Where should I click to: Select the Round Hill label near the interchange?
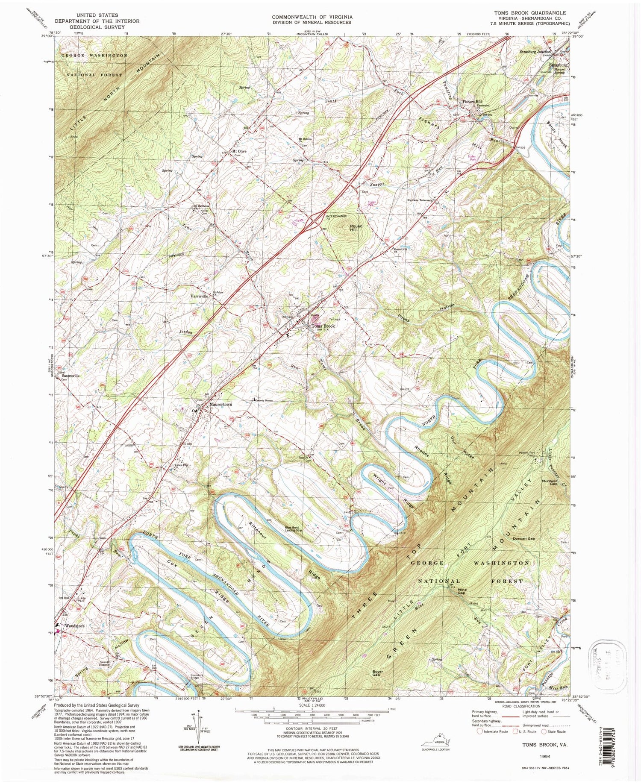(x=356, y=228)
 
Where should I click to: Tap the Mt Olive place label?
(x=239, y=151)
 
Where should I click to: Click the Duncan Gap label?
(x=524, y=539)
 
